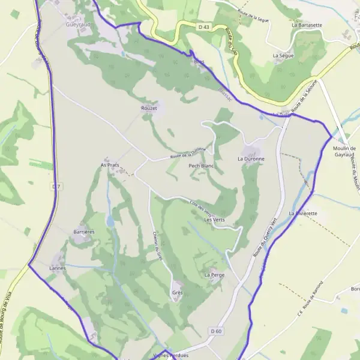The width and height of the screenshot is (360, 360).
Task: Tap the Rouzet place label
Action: [x=149, y=108]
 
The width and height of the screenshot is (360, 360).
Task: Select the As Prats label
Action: [x=110, y=164]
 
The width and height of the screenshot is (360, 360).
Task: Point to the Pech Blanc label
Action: [x=201, y=165]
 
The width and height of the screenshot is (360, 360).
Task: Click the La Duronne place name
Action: [x=251, y=159]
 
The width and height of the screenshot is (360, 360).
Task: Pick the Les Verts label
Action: [x=214, y=220]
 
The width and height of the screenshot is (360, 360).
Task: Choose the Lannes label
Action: [x=58, y=268]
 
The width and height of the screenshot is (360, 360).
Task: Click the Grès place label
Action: [x=177, y=293]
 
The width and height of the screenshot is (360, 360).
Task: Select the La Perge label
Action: [x=214, y=275]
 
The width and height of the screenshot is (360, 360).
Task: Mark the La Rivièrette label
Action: [x=303, y=213]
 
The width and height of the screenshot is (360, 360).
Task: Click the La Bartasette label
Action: [x=306, y=25]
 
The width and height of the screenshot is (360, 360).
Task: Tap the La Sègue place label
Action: [x=283, y=56]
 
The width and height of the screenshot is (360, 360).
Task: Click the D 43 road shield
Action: [x=204, y=27]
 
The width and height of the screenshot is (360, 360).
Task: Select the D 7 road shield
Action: [x=56, y=187]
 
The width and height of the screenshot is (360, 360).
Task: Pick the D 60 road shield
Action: [x=216, y=331]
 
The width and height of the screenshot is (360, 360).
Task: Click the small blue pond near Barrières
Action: [x=110, y=221]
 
